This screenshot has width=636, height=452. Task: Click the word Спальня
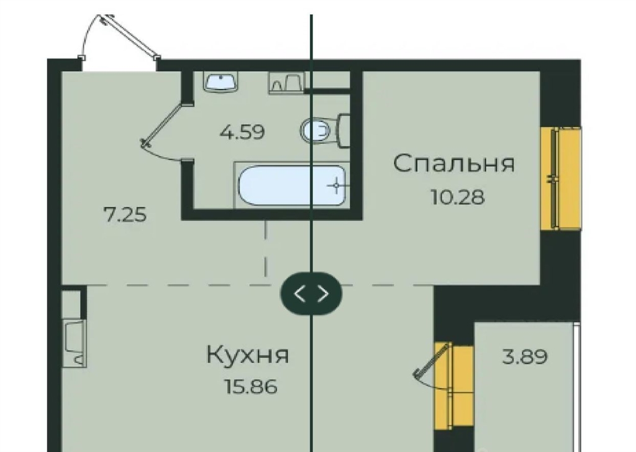pos(454,164)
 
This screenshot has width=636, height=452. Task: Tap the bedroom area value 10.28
pos(458,197)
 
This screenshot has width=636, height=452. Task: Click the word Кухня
pos(247,355)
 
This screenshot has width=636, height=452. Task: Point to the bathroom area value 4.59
pos(242,132)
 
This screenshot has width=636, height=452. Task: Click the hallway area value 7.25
pos(125,214)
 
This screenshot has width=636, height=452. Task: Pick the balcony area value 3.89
pos(525,357)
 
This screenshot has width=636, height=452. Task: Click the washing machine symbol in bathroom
pos(286,83)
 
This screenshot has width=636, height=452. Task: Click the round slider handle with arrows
pos(311,293)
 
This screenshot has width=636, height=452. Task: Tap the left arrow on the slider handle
pos(299,293)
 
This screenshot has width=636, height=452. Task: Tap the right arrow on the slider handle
pos(323,293)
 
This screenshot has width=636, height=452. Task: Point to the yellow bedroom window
pos(561,178)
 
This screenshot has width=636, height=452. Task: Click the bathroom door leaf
pos(164,124)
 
